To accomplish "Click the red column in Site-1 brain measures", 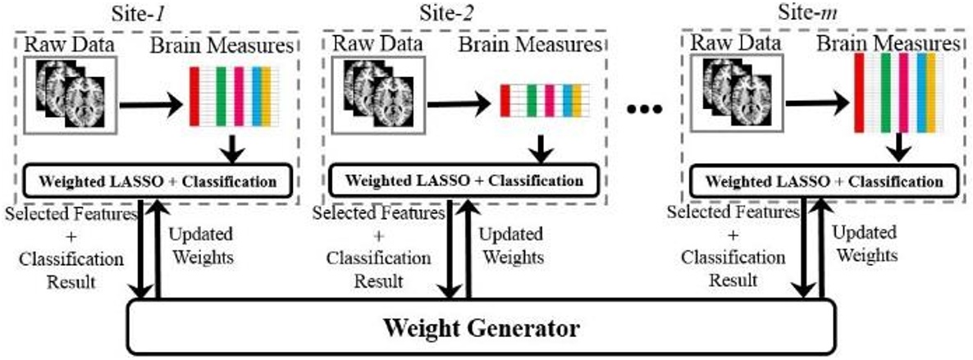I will (x=194, y=97).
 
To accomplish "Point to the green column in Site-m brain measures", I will (x=886, y=92).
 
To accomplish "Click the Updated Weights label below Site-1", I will (x=200, y=244).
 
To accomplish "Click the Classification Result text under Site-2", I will (x=378, y=269).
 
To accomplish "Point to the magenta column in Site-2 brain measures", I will (x=549, y=100).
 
